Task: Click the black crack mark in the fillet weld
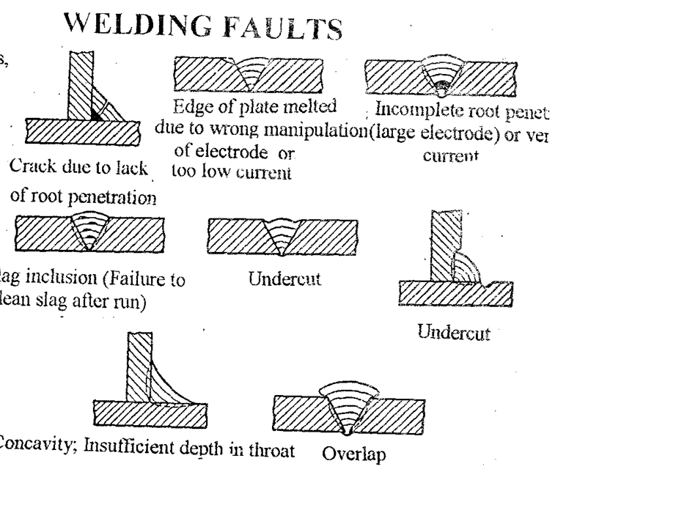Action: click(96, 114)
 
